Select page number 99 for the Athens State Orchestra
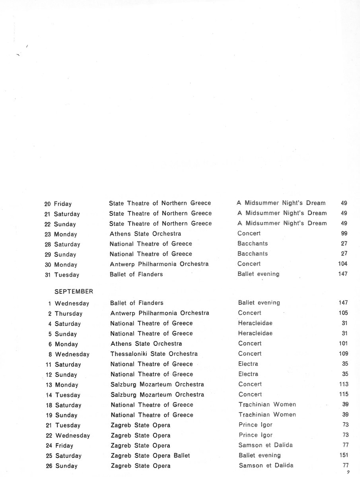click(344, 233)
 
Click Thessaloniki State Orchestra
click(154, 354)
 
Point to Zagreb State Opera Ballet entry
click(150, 456)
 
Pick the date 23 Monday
click(61, 234)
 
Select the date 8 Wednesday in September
click(66, 354)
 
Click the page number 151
click(343, 455)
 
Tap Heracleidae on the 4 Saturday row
click(255, 323)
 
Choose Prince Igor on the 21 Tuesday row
click(255, 425)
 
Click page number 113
click(343, 384)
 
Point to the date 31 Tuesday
click(62, 275)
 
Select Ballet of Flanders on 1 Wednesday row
click(136, 303)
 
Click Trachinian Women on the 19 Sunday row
click(267, 415)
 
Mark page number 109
click(343, 353)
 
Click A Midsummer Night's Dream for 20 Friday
click(281, 203)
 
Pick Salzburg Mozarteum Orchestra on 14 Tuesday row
click(157, 394)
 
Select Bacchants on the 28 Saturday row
click(253, 243)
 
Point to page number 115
click(343, 394)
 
